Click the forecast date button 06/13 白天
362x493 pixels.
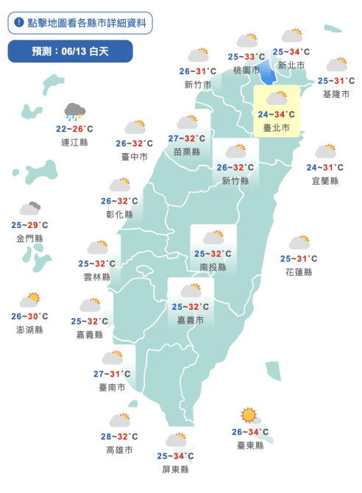pyautogui.click(x=70, y=52)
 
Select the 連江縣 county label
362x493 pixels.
pyautogui.click(x=74, y=140)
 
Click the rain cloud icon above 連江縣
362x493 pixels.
pyautogui.click(x=74, y=112)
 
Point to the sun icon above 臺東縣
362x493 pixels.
pyautogui.click(x=249, y=416)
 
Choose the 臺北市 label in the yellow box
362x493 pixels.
pyautogui.click(x=277, y=127)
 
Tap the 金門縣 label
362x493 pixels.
pyautogui.click(x=29, y=238)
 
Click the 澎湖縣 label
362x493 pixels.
pyautogui.click(x=29, y=330)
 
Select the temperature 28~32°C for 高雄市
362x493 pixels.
pyautogui.click(x=119, y=436)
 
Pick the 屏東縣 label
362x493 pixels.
pyautogui.click(x=175, y=469)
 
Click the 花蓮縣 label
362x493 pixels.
pyautogui.click(x=298, y=272)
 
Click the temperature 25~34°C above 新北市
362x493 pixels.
pyautogui.click(x=291, y=52)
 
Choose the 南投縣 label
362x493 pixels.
pyautogui.click(x=213, y=266)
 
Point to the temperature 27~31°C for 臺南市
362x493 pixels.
pyautogui.click(x=112, y=374)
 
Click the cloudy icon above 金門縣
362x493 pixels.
pyautogui.click(x=29, y=209)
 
